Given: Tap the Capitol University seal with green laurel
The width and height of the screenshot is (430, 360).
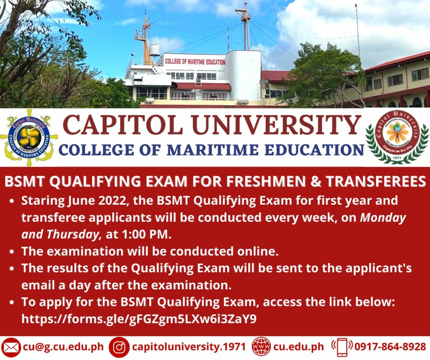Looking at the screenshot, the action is pyautogui.click(x=397, y=136).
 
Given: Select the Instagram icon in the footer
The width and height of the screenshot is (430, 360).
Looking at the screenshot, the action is pyautogui.click(x=119, y=347).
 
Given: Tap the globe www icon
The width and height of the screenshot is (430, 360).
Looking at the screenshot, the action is pyautogui.click(x=261, y=347).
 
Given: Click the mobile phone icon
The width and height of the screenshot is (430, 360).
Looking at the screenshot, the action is pyautogui.click(x=342, y=347).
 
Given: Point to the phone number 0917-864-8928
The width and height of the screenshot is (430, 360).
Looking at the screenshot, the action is pyautogui.click(x=390, y=347).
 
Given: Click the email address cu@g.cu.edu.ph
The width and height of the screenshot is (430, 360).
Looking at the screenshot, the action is pyautogui.click(x=63, y=347).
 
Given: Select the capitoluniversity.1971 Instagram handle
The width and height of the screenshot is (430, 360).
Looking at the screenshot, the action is pyautogui.click(x=189, y=347).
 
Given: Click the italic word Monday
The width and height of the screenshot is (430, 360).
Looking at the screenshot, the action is pyautogui.click(x=383, y=218).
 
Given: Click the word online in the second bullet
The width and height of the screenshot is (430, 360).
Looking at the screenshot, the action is pyautogui.click(x=257, y=251).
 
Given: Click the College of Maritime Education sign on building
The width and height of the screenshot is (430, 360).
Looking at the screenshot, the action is pyautogui.click(x=195, y=62).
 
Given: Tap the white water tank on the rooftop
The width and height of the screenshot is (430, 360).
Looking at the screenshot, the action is pyautogui.click(x=155, y=50).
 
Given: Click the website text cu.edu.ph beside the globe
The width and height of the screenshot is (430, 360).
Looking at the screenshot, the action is pyautogui.click(x=299, y=347).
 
